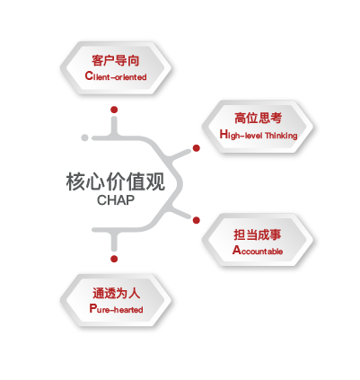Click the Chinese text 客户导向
point(116,60)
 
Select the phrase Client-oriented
point(116,76)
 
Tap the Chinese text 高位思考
point(258,118)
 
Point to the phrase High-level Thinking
point(259,135)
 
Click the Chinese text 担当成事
point(258,234)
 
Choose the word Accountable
point(258,250)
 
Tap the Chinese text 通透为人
point(116,293)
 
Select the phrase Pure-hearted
point(116,308)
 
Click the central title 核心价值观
point(116,181)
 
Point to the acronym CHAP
point(116,200)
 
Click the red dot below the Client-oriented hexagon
point(114,110)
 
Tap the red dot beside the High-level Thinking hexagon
point(197,148)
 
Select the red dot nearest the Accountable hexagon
point(197,220)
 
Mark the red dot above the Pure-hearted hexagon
point(114,259)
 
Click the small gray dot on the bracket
point(84,137)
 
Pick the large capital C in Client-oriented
point(89,75)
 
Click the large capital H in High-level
point(224,134)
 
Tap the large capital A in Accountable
point(237,250)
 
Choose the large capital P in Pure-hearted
point(92,308)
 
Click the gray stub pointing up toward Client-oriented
point(114,126)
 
